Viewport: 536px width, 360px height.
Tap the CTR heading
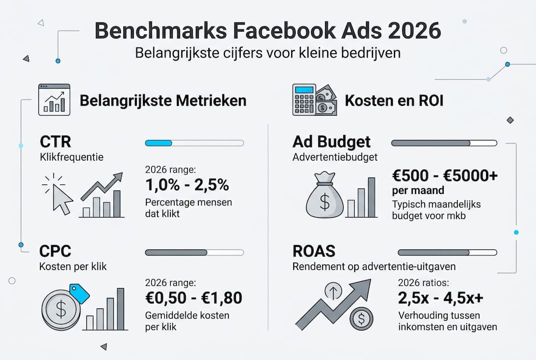[x=56, y=142]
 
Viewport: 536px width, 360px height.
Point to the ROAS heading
[x=314, y=251]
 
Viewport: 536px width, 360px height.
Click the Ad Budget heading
[x=332, y=142]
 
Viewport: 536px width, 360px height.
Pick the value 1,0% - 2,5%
[x=187, y=185]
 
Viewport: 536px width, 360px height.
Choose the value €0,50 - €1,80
[x=194, y=298]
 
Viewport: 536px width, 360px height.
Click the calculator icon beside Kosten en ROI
[x=304, y=99]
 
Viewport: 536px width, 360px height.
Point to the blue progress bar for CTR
[x=158, y=143]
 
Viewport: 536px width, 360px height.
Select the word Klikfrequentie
[x=71, y=157]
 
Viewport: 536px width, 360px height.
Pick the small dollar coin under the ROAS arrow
[x=361, y=318]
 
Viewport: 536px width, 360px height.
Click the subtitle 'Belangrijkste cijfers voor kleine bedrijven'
[x=268, y=53]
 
